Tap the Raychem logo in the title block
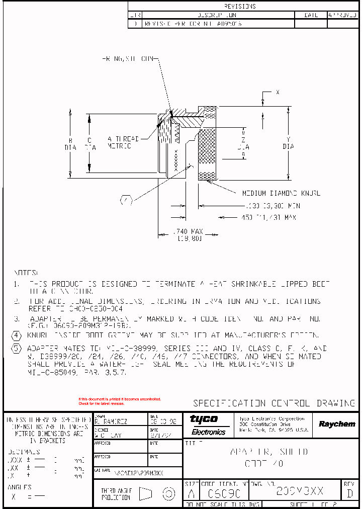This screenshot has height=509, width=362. pyautogui.click(x=336, y=424)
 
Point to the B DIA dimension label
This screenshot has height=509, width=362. pyautogui.click(x=70, y=144)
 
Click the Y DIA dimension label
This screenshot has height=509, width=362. pyautogui.click(x=288, y=143)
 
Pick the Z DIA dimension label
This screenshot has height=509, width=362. pyautogui.click(x=243, y=143)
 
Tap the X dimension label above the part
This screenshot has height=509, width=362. pyautogui.click(x=277, y=93)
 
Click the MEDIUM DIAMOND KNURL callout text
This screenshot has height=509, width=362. pyautogui.click(x=281, y=193)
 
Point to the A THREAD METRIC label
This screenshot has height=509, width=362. pyautogui.click(x=120, y=142)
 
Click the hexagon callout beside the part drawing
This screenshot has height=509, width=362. pyautogui.click(x=126, y=201)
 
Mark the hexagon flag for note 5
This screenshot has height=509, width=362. pyautogui.click(x=17, y=349)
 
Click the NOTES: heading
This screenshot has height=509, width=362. pyautogui.click(x=26, y=272)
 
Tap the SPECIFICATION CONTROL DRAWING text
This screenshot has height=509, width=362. pyautogui.click(x=274, y=403)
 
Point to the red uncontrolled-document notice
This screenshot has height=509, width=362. pyautogui.click(x=119, y=401)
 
